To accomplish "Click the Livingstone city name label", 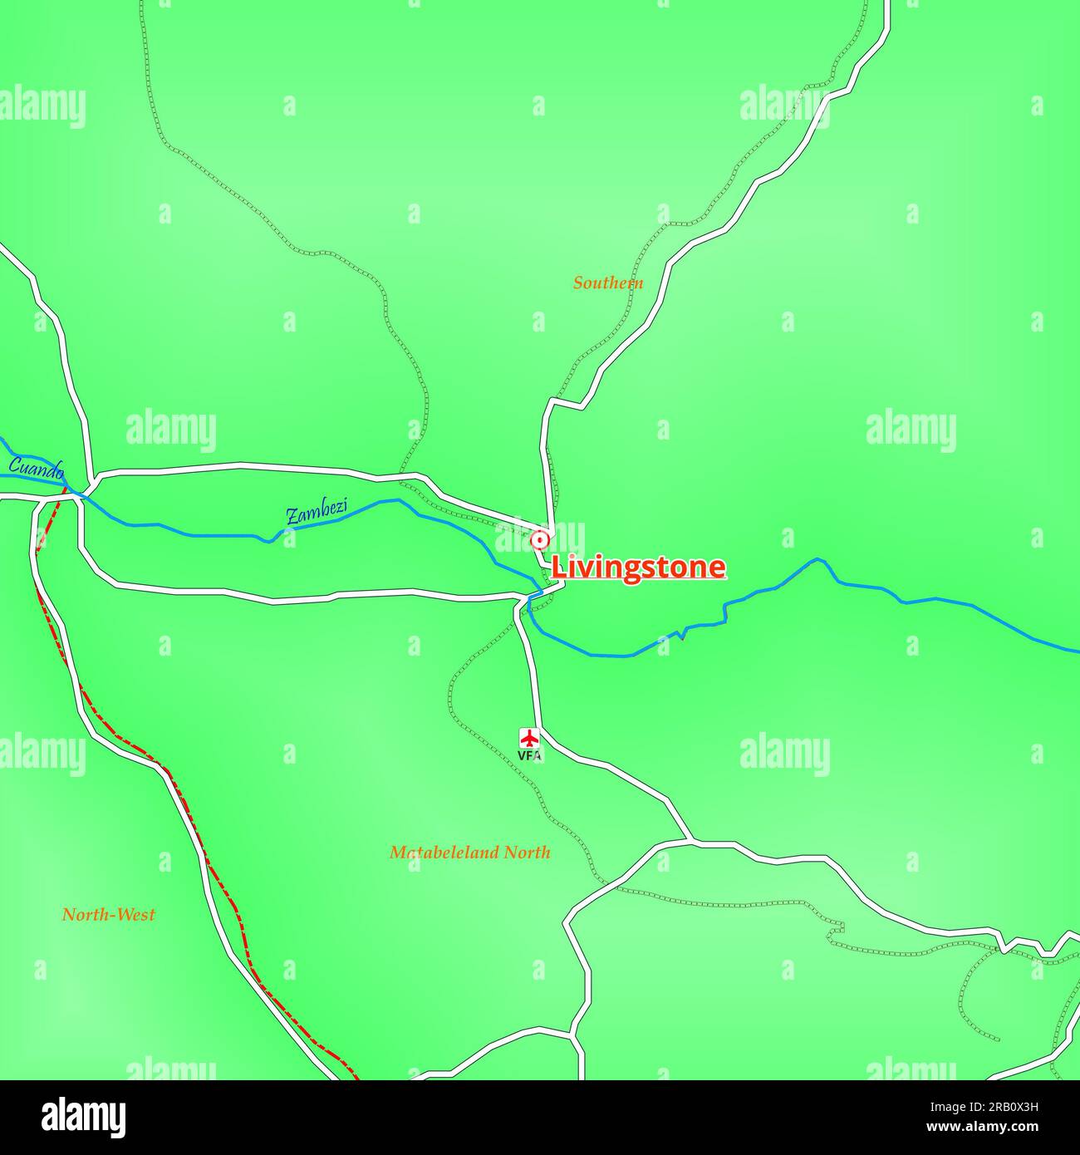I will point(638,568).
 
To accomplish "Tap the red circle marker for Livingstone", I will point(540,541).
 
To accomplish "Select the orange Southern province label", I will point(608,283).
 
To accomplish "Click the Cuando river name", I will point(36,468).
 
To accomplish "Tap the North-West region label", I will point(109,915).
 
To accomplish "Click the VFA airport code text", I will point(529,756).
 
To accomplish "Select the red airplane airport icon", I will point(529,737).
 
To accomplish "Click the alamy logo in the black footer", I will point(85,1117).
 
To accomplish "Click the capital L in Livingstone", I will point(560,568).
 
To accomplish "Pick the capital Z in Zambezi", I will point(292,517).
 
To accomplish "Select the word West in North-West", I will point(135,915).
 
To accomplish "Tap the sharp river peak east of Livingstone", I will point(817,559).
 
